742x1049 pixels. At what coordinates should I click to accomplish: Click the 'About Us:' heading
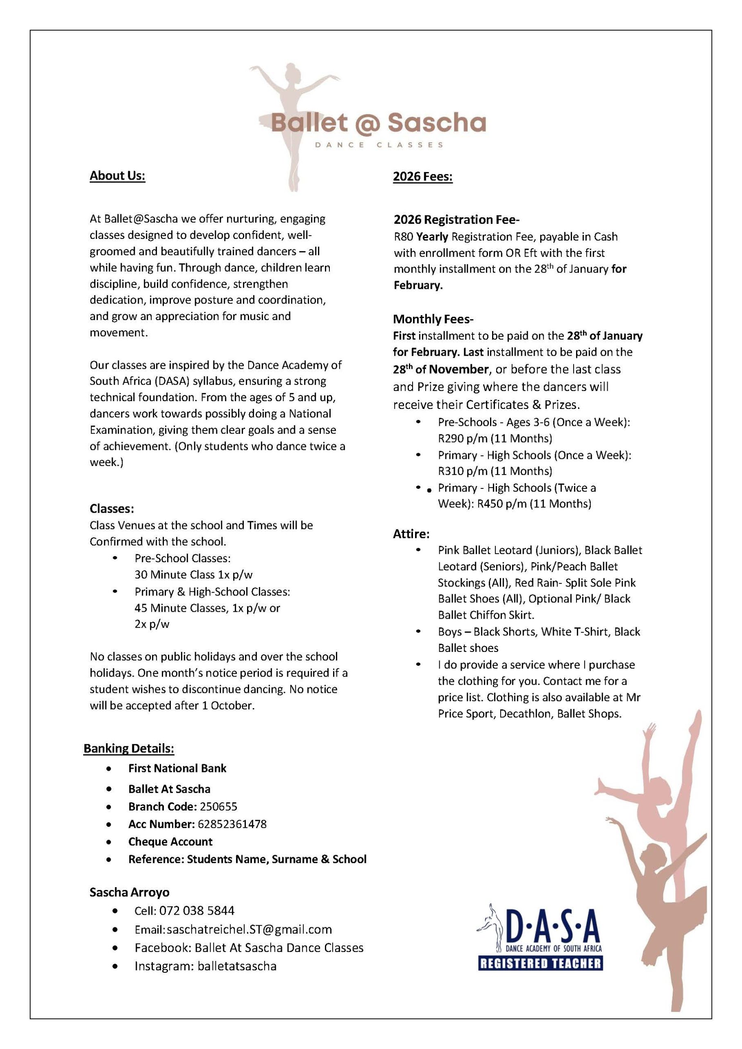tap(118, 176)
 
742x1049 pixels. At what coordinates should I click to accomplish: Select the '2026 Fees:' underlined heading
tap(423, 176)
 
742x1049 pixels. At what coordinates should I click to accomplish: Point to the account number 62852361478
tap(232, 824)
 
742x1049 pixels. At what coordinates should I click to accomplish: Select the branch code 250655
tap(218, 806)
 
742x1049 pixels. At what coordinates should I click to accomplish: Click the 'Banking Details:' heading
tap(129, 748)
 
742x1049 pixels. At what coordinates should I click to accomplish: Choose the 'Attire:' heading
tap(411, 534)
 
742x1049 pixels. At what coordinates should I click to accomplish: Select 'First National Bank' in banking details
tap(177, 768)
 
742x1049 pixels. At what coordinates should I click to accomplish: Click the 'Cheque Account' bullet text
tap(170, 842)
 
